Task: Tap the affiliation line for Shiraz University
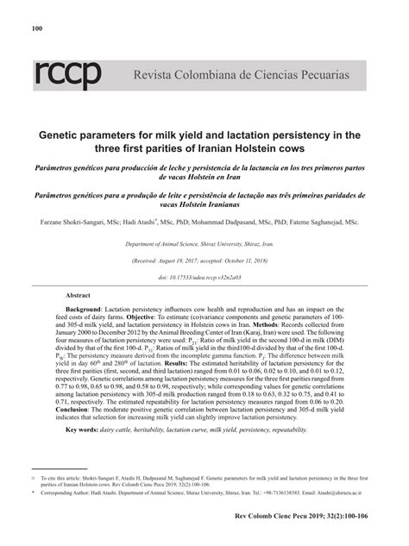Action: pyautogui.click(x=203, y=245)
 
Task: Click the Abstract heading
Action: pyautogui.click(x=79, y=295)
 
